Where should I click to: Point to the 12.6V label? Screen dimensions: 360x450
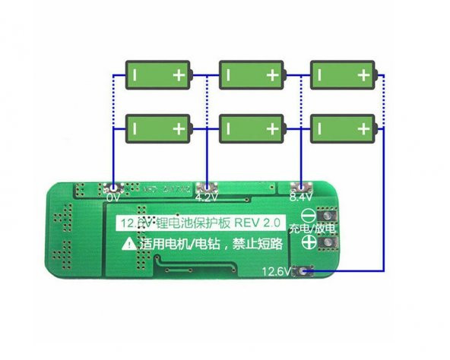[x=278, y=271]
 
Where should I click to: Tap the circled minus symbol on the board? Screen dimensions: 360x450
[x=309, y=215]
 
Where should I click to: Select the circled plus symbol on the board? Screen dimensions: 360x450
[x=309, y=243]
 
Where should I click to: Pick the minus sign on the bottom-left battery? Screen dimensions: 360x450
[x=134, y=128]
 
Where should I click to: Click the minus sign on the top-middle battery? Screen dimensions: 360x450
[x=228, y=75]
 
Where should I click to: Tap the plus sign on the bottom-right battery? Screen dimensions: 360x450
[x=364, y=128]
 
